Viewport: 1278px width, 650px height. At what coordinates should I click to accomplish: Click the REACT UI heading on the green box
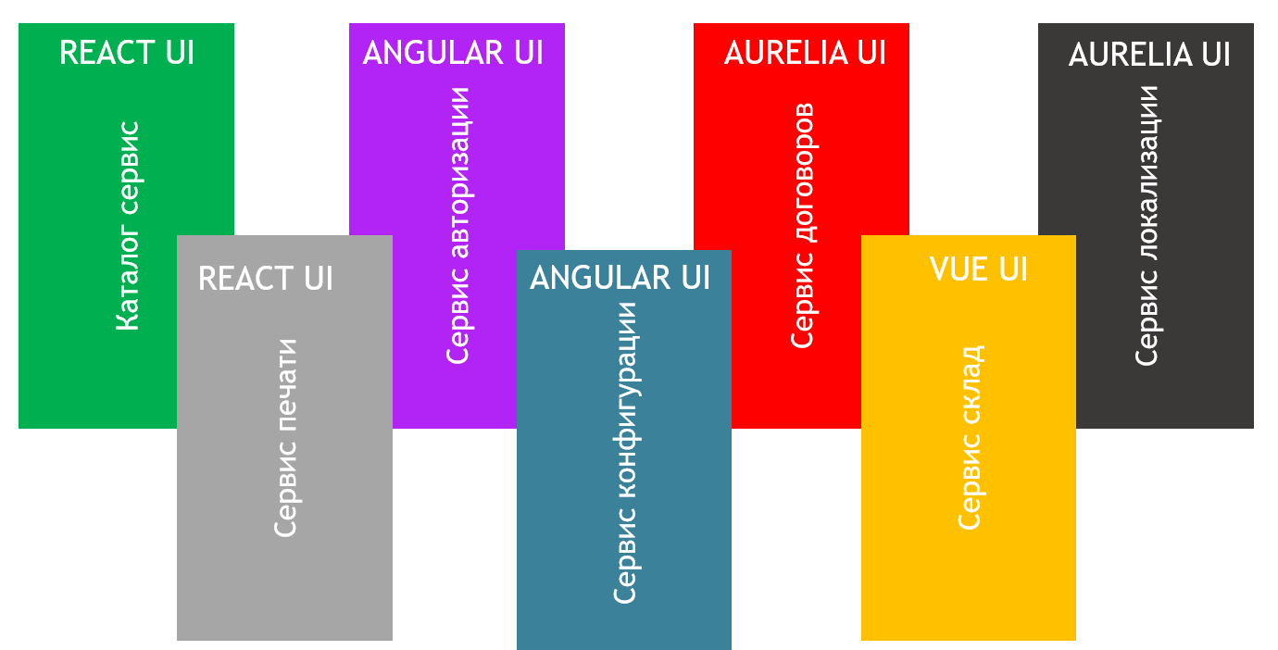[x=127, y=53]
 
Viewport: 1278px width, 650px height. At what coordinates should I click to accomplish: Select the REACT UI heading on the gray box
[x=265, y=279]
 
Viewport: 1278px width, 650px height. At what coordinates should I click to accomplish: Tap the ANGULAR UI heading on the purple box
[x=453, y=53]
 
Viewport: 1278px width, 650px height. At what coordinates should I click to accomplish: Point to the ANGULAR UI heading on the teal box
[x=620, y=278]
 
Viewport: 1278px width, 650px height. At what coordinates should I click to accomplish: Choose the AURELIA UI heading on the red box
[x=805, y=53]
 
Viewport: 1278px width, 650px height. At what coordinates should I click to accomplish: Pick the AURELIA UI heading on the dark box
[x=1149, y=55]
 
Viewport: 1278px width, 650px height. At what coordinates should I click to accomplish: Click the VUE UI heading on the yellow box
[x=979, y=269]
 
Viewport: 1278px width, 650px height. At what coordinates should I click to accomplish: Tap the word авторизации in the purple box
[x=458, y=170]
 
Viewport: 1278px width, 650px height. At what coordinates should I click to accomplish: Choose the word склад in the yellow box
[x=970, y=386]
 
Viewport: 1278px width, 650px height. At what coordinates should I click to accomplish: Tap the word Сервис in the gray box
[x=286, y=492]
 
